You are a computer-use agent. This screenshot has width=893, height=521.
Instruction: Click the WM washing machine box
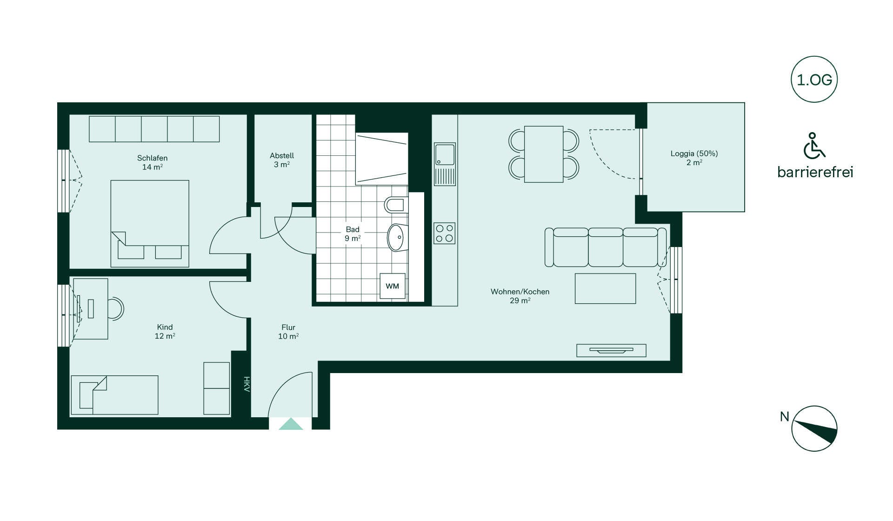click(x=392, y=286)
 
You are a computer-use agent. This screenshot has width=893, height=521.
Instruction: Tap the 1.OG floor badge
click(x=814, y=80)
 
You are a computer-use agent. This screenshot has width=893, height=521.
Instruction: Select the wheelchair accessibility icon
click(x=814, y=146)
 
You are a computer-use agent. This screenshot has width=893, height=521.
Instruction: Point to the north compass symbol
click(x=814, y=428)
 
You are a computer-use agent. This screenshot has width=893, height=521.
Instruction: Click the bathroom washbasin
click(x=397, y=237)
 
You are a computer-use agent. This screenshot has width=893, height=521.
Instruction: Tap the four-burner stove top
click(x=445, y=234)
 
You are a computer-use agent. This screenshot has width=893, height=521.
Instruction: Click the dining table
click(x=544, y=154)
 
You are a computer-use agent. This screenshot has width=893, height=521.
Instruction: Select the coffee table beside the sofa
click(x=605, y=288)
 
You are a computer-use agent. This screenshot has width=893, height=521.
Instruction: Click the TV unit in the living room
click(x=611, y=350)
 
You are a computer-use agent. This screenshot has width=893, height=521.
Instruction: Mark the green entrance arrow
click(x=291, y=424)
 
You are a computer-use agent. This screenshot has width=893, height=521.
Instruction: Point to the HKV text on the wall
click(x=247, y=384)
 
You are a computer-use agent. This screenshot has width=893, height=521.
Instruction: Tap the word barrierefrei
click(x=815, y=172)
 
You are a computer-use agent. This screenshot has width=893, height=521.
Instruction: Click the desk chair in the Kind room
click(x=116, y=308)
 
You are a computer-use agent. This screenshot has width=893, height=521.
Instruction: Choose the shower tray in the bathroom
click(x=381, y=159)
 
